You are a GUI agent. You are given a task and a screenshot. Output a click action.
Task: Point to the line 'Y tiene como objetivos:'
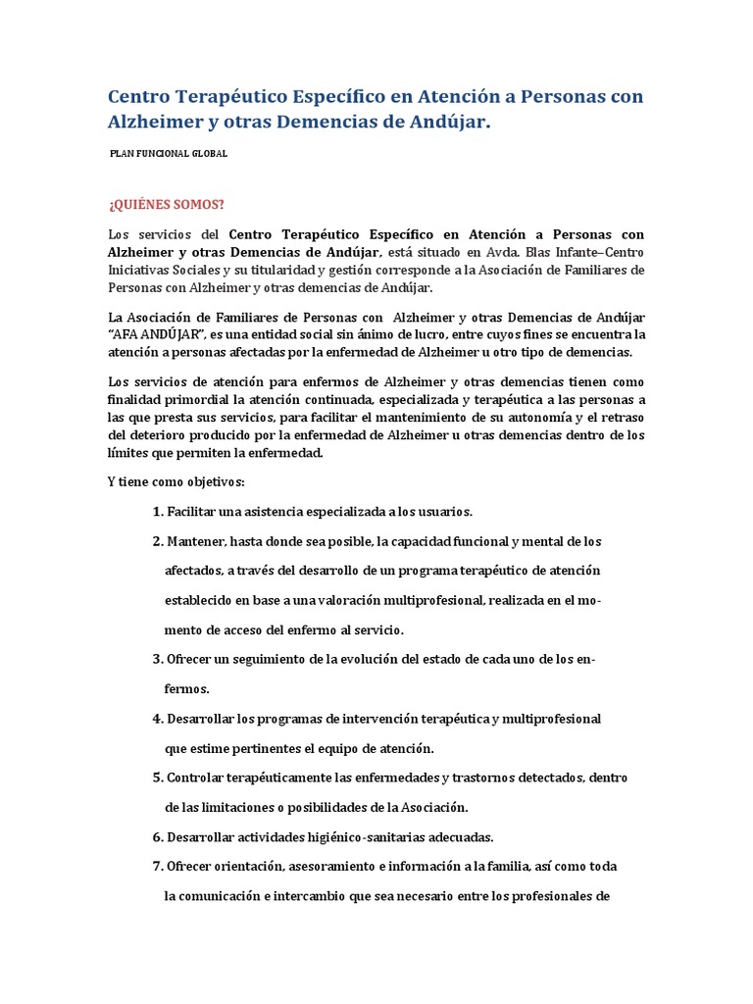[x=176, y=482]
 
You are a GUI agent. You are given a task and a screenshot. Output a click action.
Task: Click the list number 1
[x=158, y=512]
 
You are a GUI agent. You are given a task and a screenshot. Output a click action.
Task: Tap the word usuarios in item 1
[x=441, y=512]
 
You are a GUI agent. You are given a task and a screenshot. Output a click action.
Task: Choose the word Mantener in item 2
[x=196, y=541]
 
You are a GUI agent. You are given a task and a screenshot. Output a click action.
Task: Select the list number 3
[x=158, y=659]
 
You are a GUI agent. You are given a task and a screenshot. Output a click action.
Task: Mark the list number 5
[x=158, y=778]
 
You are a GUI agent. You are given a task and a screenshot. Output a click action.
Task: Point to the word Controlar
[x=200, y=778]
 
